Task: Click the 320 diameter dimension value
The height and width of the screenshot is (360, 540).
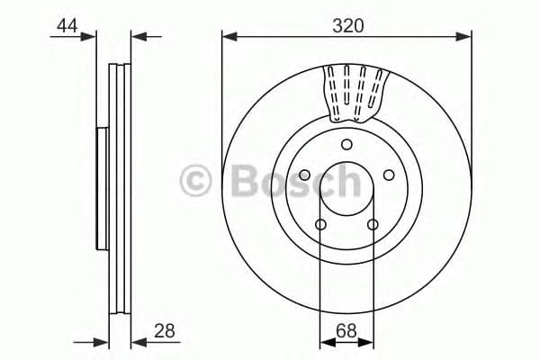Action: point(346,26)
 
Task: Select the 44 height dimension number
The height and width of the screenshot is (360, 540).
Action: point(67,26)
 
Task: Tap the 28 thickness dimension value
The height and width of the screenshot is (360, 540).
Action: point(165,330)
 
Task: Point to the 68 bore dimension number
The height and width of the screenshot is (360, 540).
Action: point(346,330)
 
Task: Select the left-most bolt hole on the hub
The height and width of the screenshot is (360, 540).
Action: point(304,176)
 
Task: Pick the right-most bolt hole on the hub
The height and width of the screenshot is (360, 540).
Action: point(389,176)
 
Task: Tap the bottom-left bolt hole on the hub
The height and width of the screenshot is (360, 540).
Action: point(320,225)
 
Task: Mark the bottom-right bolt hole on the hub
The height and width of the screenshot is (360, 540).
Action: point(373,225)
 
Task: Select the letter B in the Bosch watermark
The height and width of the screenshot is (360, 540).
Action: point(245,181)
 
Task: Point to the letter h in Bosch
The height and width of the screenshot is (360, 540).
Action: point(345,181)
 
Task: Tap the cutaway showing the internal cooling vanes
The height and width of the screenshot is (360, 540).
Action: point(355,92)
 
